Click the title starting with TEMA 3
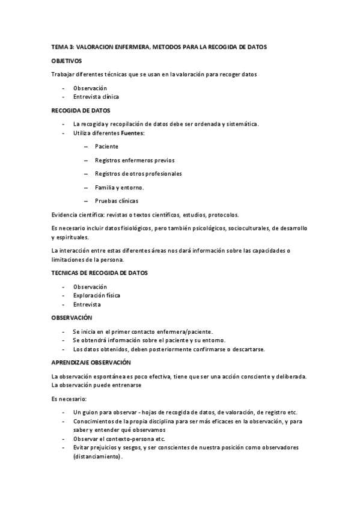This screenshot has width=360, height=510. pos(159,47)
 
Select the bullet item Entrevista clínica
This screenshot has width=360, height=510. pos(96,96)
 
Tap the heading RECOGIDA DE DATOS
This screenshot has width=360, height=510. pos(80,111)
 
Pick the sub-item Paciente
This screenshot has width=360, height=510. pos(106,146)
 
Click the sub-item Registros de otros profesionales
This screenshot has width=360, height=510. pos(138,174)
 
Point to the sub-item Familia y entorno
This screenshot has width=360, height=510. pos(119,188)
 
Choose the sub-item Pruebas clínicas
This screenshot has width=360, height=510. pos(116,201)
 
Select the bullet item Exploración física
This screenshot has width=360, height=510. pos(96,295)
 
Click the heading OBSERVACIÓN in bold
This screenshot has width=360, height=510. pos(72,317)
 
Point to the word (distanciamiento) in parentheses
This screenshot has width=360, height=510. pos(97,456)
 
